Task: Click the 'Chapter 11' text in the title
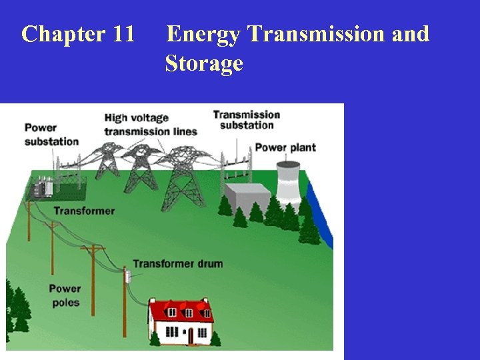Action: coord(78,33)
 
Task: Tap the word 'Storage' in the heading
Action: coord(204,64)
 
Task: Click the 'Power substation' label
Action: coord(51,134)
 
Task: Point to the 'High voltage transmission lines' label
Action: coord(151,125)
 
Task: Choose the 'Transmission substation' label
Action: coord(247,119)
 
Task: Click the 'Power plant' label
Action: coord(285,147)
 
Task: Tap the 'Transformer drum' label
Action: coord(177,263)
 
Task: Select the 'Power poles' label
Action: coord(64,295)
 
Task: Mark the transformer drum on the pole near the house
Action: coord(125,276)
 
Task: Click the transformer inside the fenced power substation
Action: coord(45,189)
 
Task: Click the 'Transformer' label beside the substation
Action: coord(84,211)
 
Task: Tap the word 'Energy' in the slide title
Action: coord(203,33)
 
